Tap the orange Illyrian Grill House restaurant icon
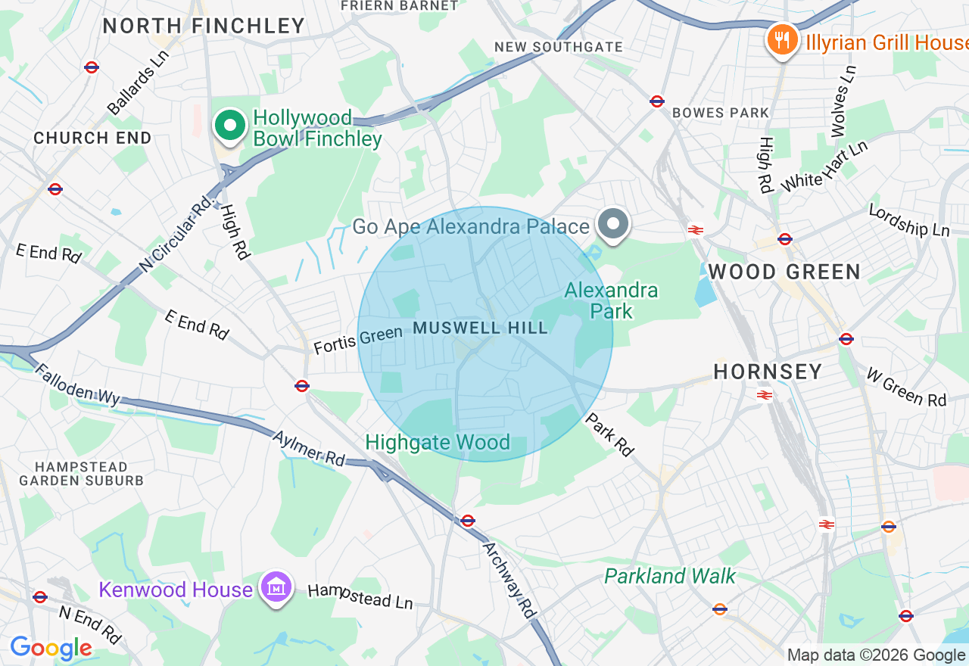tap(782, 39)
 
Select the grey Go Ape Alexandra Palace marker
tap(612, 225)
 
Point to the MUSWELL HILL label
tap(480, 328)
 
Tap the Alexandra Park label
tap(611, 300)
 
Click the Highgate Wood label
tap(438, 443)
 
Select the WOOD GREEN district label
tap(784, 272)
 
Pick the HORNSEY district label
tap(768, 372)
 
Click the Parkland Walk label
tap(669, 577)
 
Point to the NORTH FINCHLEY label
tap(204, 26)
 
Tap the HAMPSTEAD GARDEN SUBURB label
tap(81, 474)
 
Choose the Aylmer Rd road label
tap(308, 448)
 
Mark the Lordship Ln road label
tap(908, 220)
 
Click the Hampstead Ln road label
tap(360, 596)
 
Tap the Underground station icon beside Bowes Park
tap(657, 101)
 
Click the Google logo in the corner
tap(51, 649)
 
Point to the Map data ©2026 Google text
tap(875, 655)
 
